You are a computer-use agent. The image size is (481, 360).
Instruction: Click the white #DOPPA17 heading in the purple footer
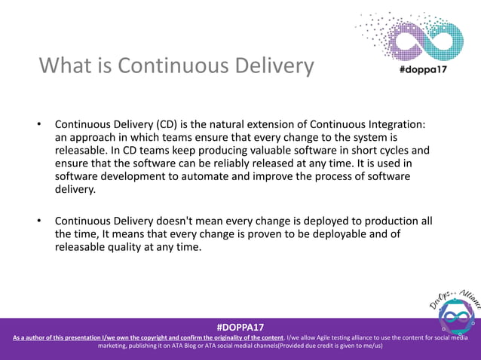240,328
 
